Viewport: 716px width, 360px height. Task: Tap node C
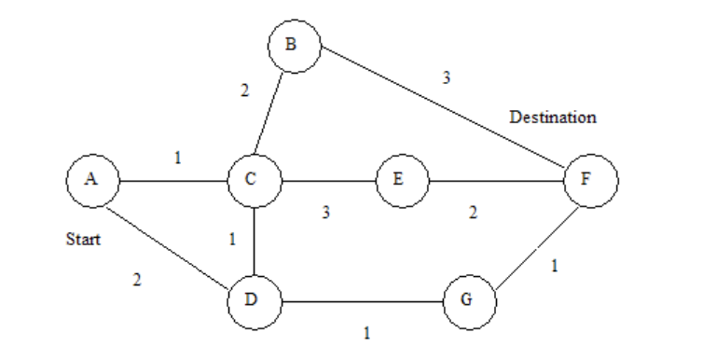pos(255,180)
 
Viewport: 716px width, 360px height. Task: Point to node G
pos(468,301)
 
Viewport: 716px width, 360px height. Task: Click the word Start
pos(82,239)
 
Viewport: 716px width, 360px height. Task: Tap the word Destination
pos(552,118)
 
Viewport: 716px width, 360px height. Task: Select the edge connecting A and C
pos(173,180)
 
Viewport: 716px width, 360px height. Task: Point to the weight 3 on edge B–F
pos(447,78)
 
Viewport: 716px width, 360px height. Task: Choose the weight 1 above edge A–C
pos(178,159)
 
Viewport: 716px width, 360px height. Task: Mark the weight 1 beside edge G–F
pos(556,266)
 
